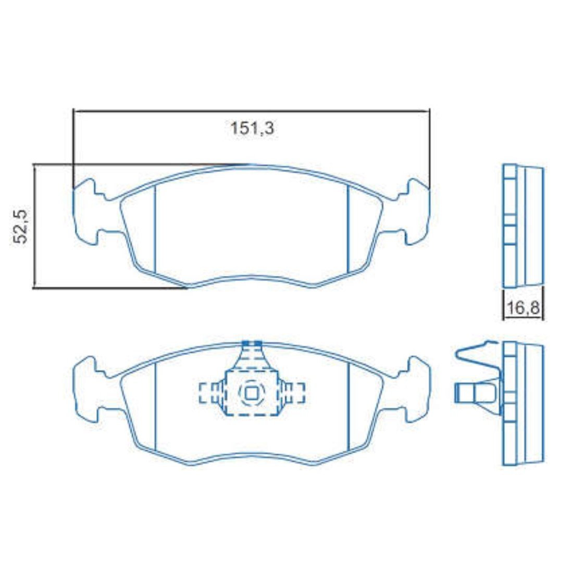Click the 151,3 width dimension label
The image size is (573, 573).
[252, 128]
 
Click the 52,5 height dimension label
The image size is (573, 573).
[20, 227]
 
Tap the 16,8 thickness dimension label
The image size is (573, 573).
[524, 308]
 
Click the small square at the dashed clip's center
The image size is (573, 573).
[251, 393]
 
